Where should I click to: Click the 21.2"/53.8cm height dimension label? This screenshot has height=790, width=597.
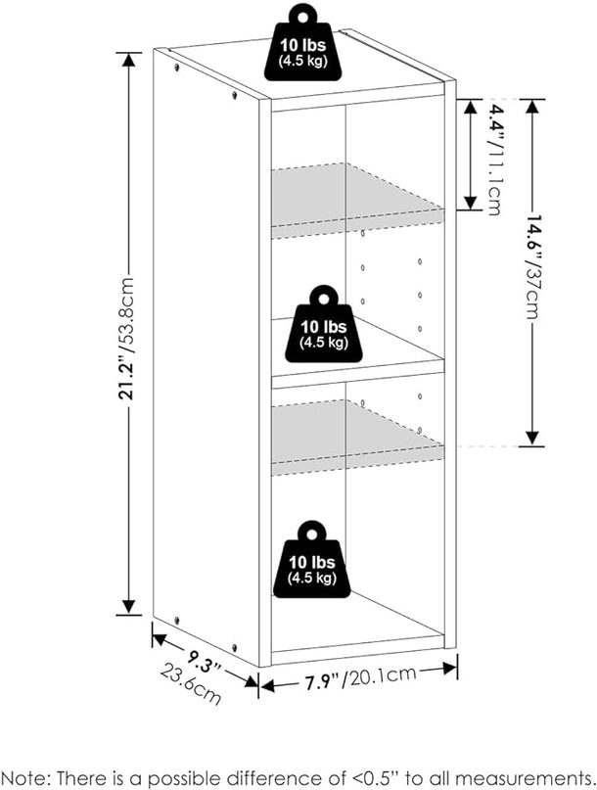tap(127, 338)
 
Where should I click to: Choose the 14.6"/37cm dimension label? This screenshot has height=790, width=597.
tap(532, 267)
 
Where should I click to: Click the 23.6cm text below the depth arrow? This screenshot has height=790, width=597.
tap(191, 684)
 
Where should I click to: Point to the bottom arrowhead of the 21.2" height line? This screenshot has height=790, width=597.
tap(129, 607)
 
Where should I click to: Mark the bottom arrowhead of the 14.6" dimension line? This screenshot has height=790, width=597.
tap(532, 439)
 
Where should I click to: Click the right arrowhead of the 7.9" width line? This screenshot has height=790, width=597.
tap(449, 669)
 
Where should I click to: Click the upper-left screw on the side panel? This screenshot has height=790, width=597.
tap(177, 67)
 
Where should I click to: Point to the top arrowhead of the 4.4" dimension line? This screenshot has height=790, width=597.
tap(470, 108)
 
